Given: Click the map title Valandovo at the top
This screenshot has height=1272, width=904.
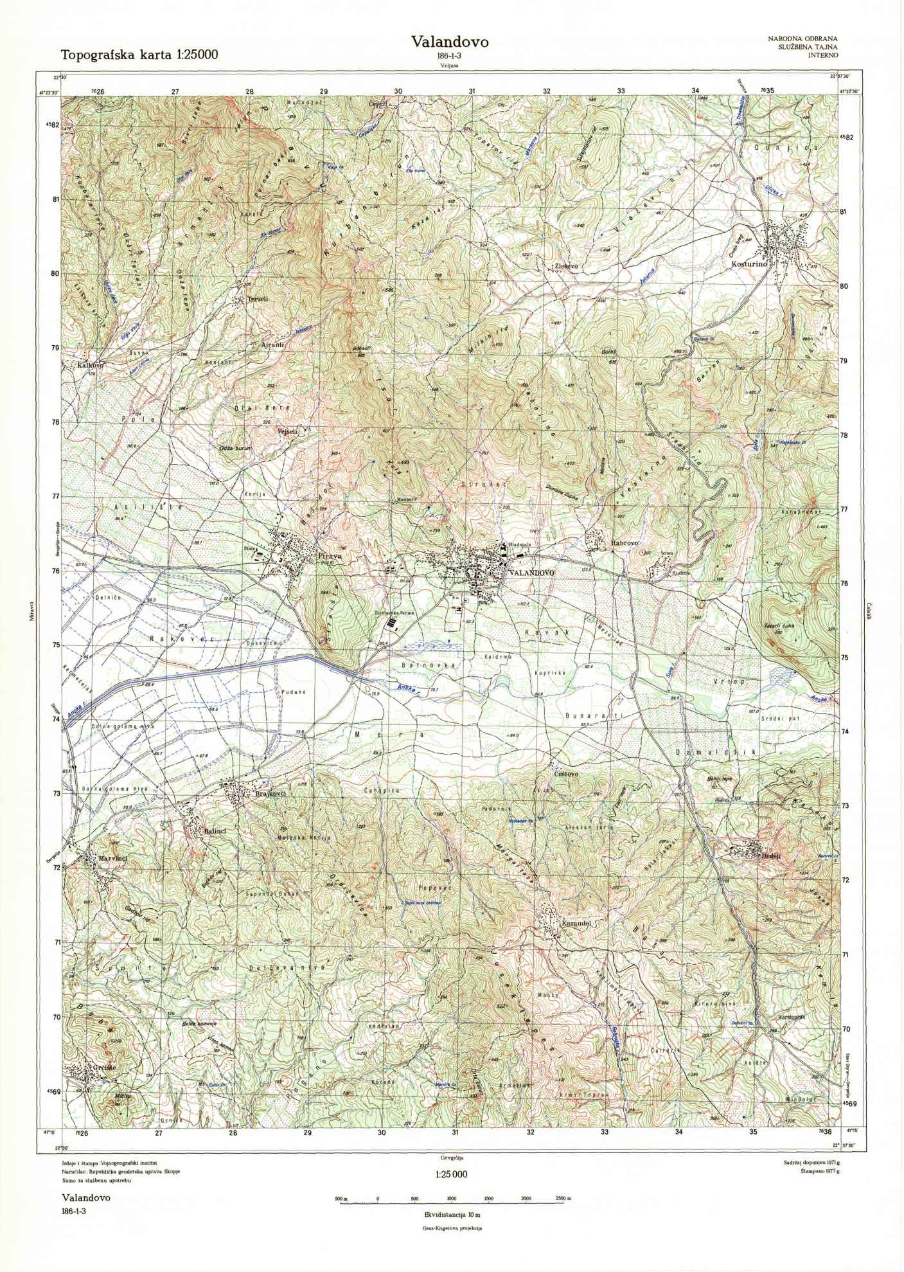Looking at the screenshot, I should [450, 42].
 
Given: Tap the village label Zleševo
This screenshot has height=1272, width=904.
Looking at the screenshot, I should [567, 265].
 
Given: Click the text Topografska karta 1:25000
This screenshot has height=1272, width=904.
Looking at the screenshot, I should [139, 55].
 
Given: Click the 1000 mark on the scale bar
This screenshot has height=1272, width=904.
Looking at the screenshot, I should [452, 1199].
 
